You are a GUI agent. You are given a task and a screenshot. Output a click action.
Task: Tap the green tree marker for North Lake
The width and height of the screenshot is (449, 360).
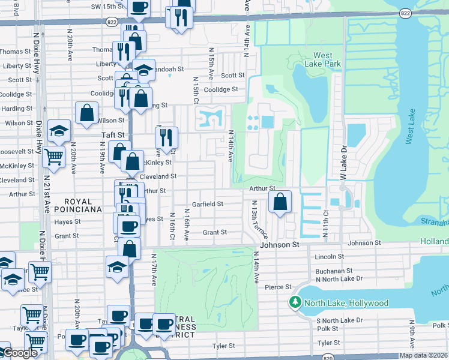pos(295,302)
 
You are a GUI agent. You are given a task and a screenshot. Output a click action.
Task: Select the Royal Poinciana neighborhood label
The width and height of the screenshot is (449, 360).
pos(73,205)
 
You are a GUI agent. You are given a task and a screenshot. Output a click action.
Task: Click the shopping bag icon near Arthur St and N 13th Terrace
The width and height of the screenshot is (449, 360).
pos(280,202)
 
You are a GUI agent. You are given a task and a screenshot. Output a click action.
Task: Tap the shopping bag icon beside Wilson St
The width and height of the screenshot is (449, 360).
pos(87,113)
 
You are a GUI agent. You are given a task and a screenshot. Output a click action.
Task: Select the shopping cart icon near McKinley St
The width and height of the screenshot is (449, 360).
pos(54,158)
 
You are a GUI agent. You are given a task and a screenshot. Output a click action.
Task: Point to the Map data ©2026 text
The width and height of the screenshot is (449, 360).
pos(423,355)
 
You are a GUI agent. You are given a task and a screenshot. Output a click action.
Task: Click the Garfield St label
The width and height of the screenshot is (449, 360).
pos(208,204)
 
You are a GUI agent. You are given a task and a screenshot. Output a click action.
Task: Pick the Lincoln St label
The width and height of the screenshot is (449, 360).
pos(328,257)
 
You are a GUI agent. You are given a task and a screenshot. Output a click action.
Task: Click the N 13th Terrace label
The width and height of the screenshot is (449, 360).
pos(259,219)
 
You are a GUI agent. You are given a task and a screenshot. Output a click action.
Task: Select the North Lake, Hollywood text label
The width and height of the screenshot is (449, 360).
pos(346,303)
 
